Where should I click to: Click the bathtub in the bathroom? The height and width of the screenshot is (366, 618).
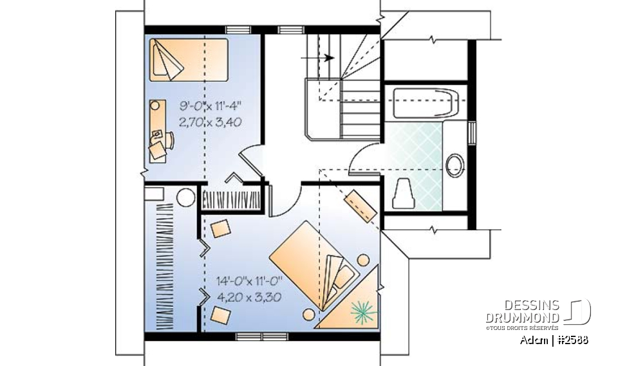[x=426, y=103]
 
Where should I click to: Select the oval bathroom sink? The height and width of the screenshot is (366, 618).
[x=456, y=165]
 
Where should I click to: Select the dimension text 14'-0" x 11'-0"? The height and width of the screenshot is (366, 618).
[x=250, y=281]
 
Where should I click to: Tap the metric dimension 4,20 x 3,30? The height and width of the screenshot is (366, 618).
[x=250, y=297]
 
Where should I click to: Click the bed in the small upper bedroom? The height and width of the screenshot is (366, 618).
[x=189, y=60]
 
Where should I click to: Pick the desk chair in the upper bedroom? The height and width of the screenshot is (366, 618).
[x=158, y=150]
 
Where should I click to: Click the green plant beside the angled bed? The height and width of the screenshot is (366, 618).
[x=364, y=313]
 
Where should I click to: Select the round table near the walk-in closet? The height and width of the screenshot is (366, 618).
[x=186, y=197]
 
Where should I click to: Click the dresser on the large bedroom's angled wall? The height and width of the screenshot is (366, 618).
[x=362, y=206]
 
